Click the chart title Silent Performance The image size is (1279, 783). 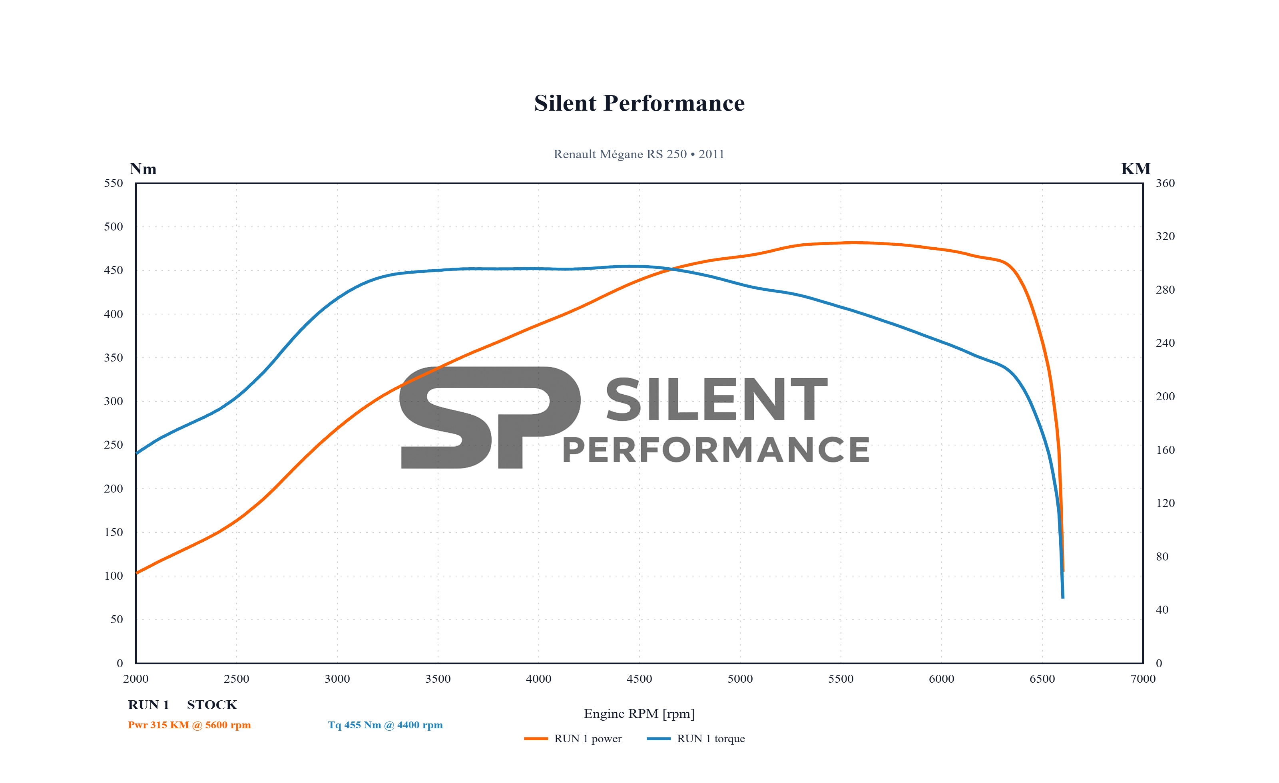point(639,103)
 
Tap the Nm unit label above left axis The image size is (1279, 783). point(143,169)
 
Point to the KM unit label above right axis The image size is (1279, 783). point(1136,169)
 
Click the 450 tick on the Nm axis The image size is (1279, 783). point(114,270)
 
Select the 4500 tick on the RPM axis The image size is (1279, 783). point(639,679)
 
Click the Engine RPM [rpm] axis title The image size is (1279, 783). point(639,713)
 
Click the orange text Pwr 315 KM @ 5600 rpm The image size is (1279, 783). point(189,725)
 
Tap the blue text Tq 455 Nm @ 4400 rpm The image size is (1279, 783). point(385,725)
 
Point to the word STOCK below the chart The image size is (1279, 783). point(212,705)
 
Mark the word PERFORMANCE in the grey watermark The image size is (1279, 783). point(716,450)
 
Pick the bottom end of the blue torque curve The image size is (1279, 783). point(1062,597)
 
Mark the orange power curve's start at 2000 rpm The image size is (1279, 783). point(137,573)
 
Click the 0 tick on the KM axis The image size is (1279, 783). point(1159,663)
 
